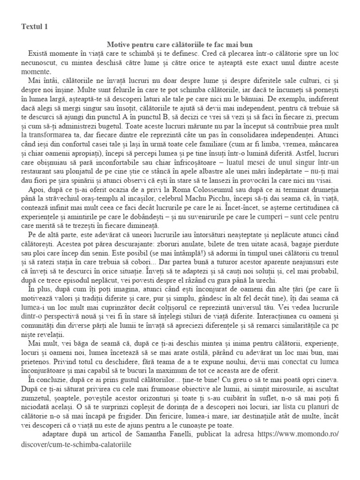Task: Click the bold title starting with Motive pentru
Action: [180, 45]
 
